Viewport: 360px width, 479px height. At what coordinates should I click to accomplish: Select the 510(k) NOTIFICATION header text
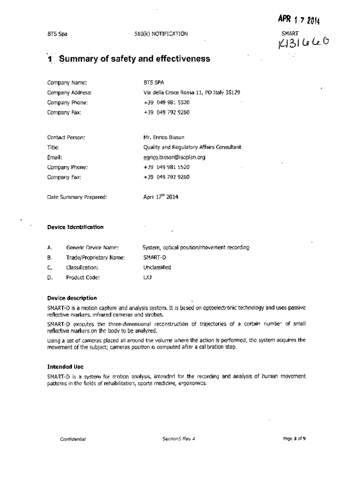[160, 34]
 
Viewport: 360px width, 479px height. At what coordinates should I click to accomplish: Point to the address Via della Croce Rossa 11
[192, 93]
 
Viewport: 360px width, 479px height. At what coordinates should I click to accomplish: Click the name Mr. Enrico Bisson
[164, 138]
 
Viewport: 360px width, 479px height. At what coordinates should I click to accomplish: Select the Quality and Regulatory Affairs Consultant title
[192, 147]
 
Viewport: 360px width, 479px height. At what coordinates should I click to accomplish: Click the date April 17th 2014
[160, 197]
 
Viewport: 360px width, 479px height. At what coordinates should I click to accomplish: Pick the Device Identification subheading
[75, 227]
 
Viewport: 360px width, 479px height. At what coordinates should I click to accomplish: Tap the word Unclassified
[157, 268]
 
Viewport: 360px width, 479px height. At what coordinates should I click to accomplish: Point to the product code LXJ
[148, 277]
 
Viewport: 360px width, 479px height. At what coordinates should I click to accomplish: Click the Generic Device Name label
[92, 247]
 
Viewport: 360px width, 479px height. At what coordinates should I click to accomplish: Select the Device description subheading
[72, 298]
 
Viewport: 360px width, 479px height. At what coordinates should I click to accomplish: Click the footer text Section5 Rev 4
[178, 439]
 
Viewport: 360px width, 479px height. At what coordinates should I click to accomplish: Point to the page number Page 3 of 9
[295, 439]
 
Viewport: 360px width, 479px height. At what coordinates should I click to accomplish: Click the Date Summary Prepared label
[77, 197]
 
